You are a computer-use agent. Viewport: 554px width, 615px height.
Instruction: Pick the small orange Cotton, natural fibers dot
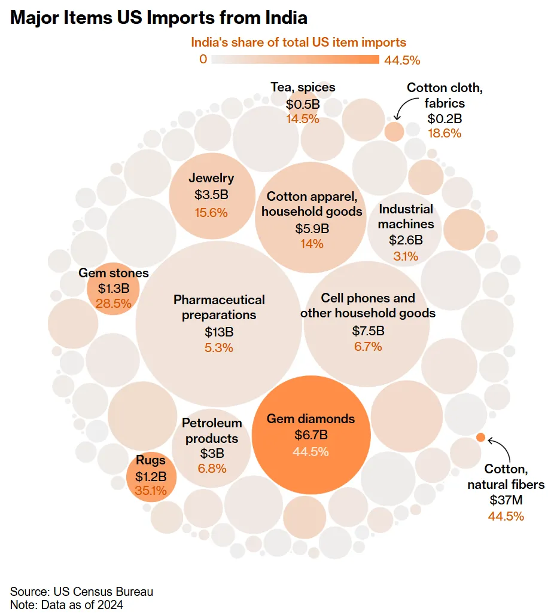pos(480,437)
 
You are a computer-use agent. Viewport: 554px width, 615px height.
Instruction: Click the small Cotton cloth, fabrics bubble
pos(394,131)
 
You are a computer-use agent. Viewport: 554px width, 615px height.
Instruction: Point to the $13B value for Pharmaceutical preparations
pos(219,332)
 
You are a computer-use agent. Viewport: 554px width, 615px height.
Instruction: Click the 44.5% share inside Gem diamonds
pos(311,452)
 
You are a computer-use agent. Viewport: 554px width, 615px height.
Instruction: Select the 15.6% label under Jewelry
pos(211,212)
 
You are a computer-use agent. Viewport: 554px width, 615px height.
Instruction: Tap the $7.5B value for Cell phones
pos(368,331)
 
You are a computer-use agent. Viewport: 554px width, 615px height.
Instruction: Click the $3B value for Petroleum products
pos(212,452)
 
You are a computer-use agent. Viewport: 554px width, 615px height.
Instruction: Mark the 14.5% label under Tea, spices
pos(303,118)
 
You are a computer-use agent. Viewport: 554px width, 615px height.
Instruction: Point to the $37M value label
pos(506,500)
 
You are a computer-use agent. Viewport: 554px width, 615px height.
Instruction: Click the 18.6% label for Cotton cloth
pos(445,133)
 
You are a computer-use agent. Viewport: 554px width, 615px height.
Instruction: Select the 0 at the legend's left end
pos(203,59)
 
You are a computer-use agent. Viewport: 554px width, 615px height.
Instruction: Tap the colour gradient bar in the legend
pos(296,59)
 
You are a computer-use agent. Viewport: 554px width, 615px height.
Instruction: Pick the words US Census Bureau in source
pos(102,592)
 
